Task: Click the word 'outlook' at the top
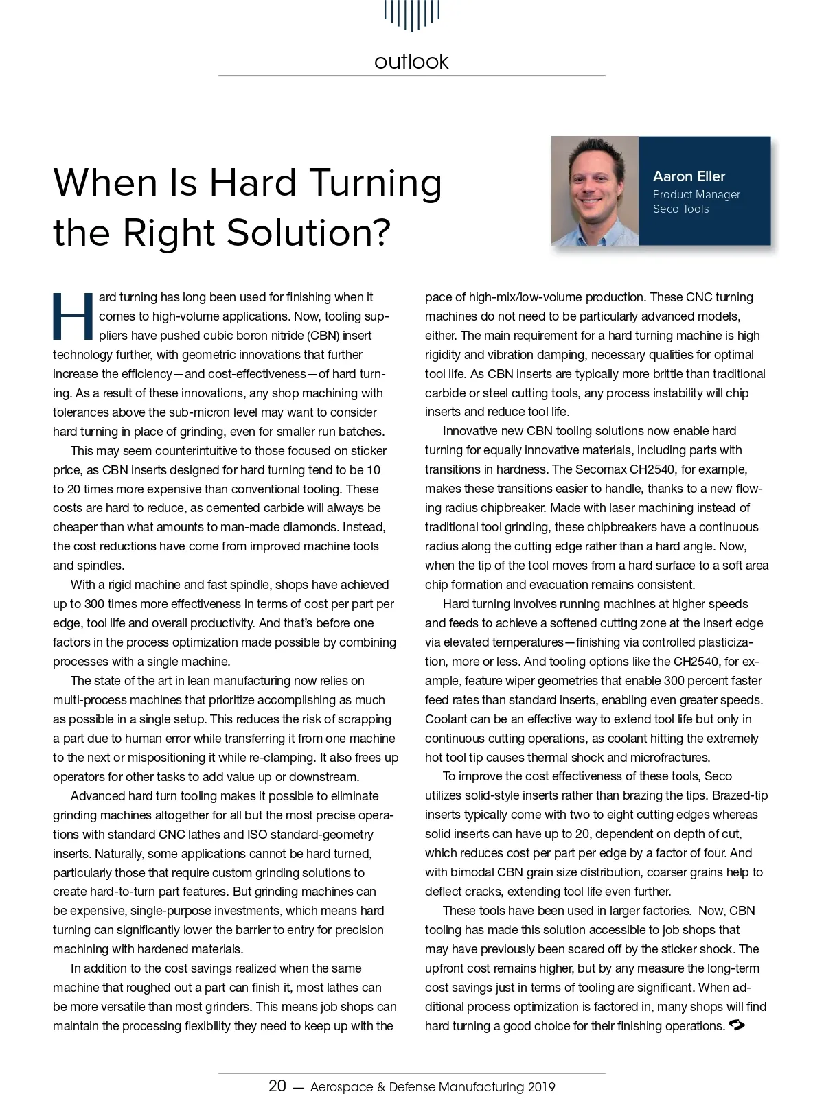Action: [x=411, y=62]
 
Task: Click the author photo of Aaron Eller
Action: [x=595, y=191]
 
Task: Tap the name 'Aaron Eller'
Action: [x=689, y=176]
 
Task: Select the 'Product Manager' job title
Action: [x=696, y=194]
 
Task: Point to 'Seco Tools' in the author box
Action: [x=680, y=209]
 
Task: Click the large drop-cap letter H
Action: [x=73, y=316]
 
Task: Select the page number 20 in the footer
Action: [x=277, y=1086]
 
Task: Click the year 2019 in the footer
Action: [x=541, y=1087]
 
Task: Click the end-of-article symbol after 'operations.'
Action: [x=736, y=1025]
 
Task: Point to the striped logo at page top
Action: [x=412, y=14]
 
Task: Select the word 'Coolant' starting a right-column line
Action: [x=446, y=719]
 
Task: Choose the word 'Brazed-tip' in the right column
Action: [x=740, y=795]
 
